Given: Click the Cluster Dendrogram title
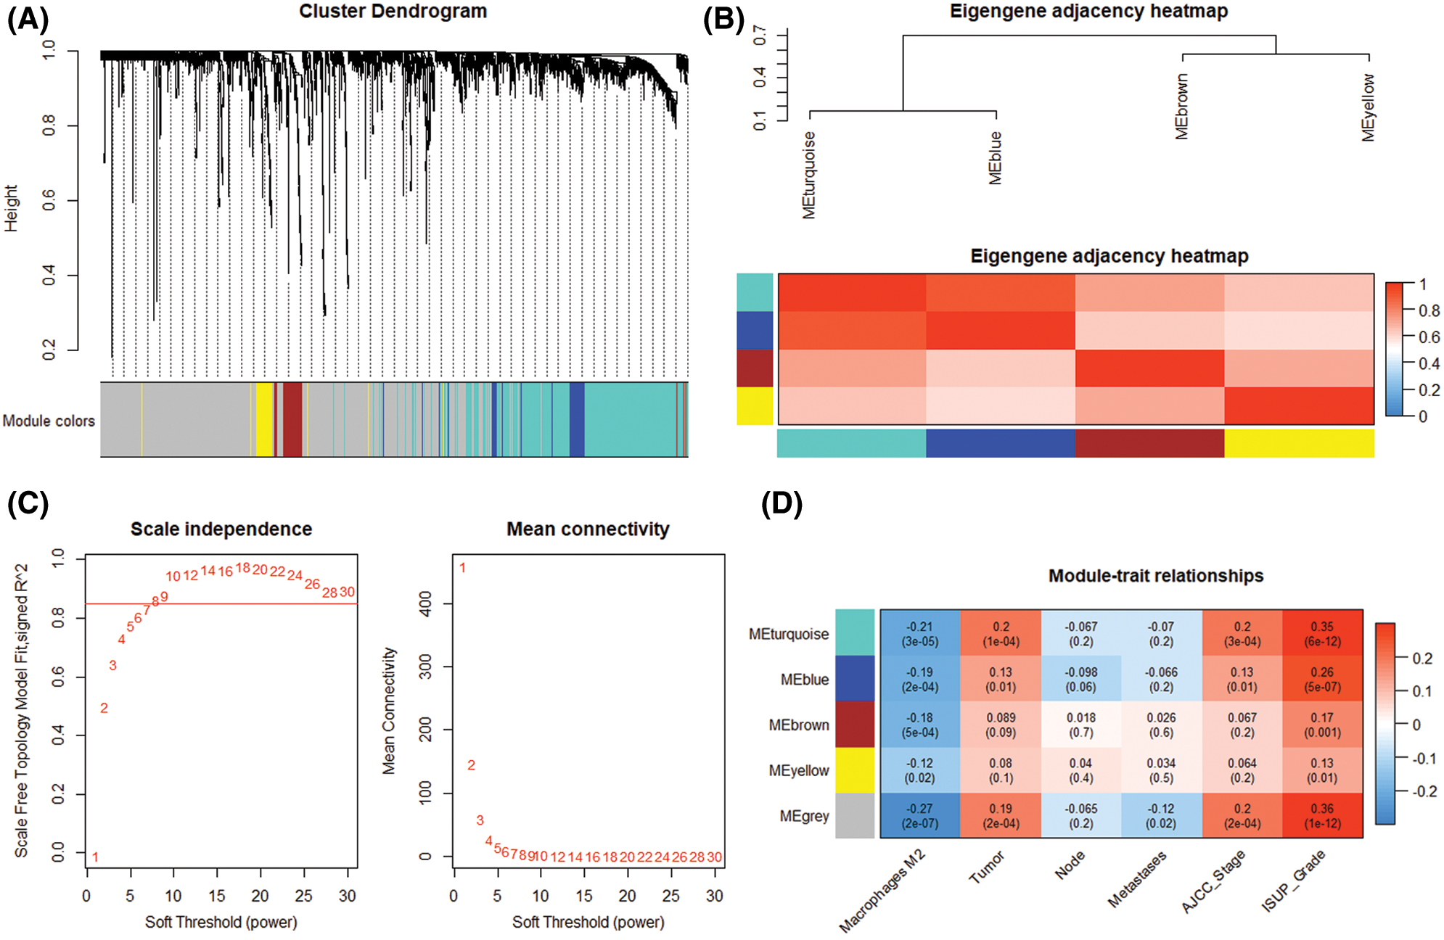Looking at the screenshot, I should pos(393,12).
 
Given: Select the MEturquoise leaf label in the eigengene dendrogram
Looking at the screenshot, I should pos(809,175).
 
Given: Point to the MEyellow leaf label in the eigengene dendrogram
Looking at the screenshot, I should pos(1368,107).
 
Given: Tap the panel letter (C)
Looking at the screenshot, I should pos(28,503).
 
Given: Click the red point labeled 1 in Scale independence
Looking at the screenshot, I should pos(95,857).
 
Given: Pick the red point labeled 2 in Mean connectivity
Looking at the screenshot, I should pos(471,765).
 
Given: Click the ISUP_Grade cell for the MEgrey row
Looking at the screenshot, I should pos(1322,816).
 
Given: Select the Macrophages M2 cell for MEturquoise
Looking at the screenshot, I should pos(920,634).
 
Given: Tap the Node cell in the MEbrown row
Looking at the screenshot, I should pos(1080,725).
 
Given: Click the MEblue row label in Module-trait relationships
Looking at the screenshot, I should pos(804,680).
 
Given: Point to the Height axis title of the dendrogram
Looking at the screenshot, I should pos(12,208).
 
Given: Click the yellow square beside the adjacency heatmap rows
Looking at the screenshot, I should pos(755,406).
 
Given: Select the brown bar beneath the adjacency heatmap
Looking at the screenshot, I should pos(1149,443).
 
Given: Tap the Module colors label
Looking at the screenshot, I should pos(49,421).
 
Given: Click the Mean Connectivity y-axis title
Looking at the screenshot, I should pos(389,711).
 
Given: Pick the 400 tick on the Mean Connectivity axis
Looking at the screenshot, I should pos(426,603).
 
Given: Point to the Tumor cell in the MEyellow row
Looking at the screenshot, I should pos(1001,770).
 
